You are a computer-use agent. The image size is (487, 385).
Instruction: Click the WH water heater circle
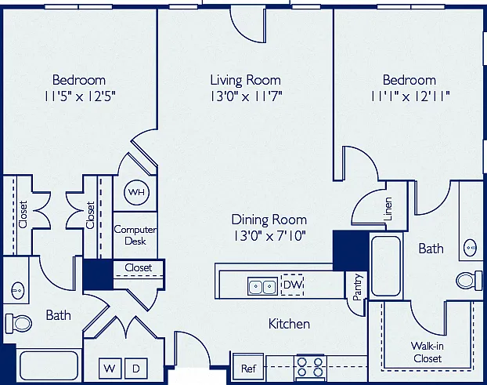(x=137, y=192)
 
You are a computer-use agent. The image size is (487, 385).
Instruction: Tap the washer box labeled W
(x=110, y=369)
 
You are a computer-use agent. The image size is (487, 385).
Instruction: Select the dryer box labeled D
(x=135, y=369)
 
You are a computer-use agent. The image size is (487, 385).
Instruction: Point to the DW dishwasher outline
(x=291, y=284)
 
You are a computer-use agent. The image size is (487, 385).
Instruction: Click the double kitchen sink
(x=262, y=286)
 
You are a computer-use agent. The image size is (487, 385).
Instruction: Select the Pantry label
(x=358, y=286)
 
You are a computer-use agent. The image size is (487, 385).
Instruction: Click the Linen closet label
(x=388, y=209)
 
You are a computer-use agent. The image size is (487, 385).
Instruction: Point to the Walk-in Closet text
(x=427, y=352)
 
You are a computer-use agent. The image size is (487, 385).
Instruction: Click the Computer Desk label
(x=135, y=234)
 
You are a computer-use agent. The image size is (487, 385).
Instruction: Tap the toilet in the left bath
(x=19, y=323)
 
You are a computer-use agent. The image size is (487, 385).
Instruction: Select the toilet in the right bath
(x=469, y=280)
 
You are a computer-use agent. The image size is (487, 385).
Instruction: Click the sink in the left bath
(x=17, y=291)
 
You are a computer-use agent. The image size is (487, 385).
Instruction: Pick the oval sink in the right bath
(x=471, y=248)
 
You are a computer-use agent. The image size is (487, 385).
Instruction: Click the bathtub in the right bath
(x=386, y=266)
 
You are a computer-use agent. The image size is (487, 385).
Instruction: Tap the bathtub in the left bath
(x=49, y=365)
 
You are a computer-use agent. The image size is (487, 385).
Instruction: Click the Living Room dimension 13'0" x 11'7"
(x=246, y=96)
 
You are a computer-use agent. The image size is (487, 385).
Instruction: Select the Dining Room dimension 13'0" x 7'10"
(x=269, y=236)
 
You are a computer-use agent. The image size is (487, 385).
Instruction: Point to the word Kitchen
(x=289, y=324)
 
